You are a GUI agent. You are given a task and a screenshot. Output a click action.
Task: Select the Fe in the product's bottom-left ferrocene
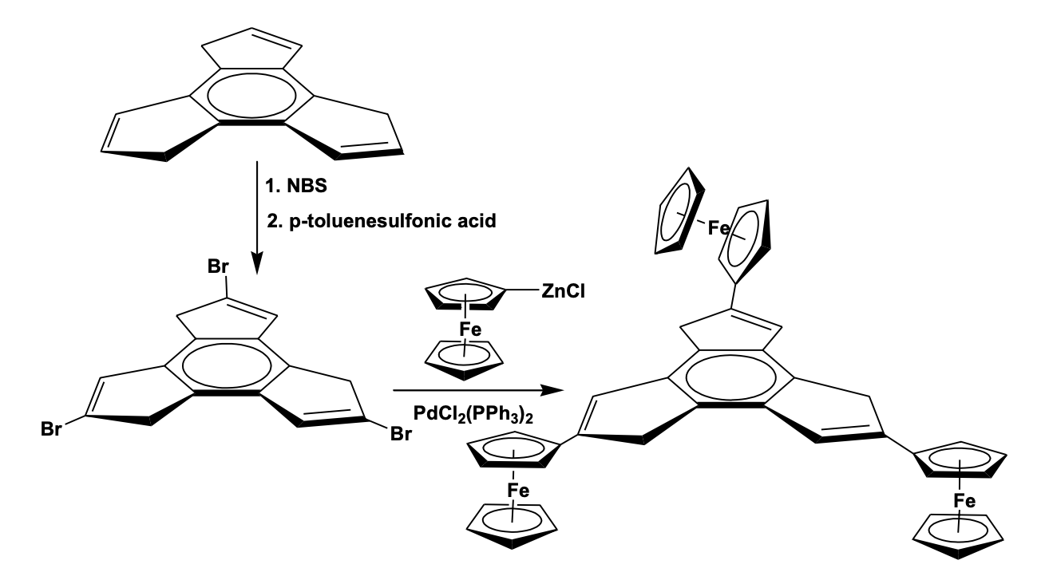click(518, 493)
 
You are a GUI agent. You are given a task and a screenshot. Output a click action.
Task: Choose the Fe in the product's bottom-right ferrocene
click(965, 501)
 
